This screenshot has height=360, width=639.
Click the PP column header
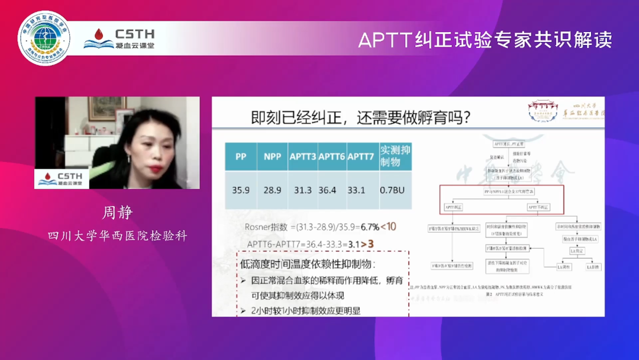[241, 157]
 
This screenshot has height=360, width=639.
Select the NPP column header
[272, 157]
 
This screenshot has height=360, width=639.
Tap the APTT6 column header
[331, 157]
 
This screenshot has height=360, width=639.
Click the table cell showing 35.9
[241, 190]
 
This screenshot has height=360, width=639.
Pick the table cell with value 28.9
[272, 190]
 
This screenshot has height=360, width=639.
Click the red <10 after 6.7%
[388, 227]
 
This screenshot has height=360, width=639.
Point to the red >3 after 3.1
[367, 244]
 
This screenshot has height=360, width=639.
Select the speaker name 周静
[117, 213]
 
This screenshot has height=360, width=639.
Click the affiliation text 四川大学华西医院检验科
[117, 236]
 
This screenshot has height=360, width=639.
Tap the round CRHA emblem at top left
[44, 38]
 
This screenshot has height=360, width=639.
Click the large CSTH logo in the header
[120, 38]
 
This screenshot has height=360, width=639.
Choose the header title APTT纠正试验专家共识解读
[485, 40]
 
